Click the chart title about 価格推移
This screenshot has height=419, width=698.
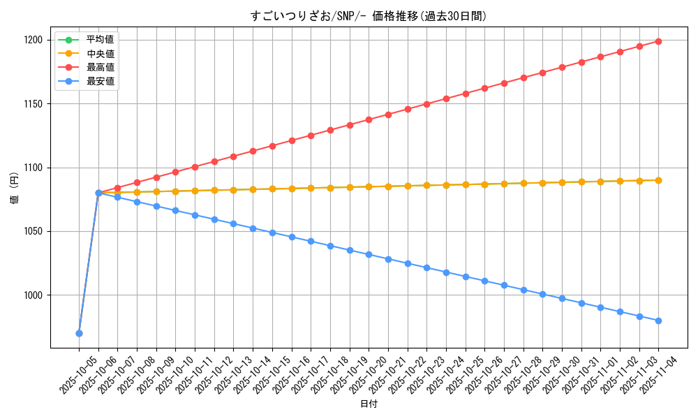pyautogui.click(x=369, y=16)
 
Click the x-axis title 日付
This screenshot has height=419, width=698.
pyautogui.click(x=369, y=404)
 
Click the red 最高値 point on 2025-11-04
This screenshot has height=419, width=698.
pyautogui.click(x=658, y=41)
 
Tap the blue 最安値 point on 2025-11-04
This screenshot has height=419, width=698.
pyautogui.click(x=658, y=321)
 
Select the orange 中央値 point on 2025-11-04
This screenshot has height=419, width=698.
pyautogui.click(x=658, y=180)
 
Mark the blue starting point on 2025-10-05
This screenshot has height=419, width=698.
pyautogui.click(x=79, y=333)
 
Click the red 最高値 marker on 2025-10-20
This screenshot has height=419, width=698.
pyautogui.click(x=369, y=119)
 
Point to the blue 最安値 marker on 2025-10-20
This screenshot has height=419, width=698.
pyautogui.click(x=369, y=254)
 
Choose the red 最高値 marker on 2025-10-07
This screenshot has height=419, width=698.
pyautogui.click(x=117, y=188)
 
